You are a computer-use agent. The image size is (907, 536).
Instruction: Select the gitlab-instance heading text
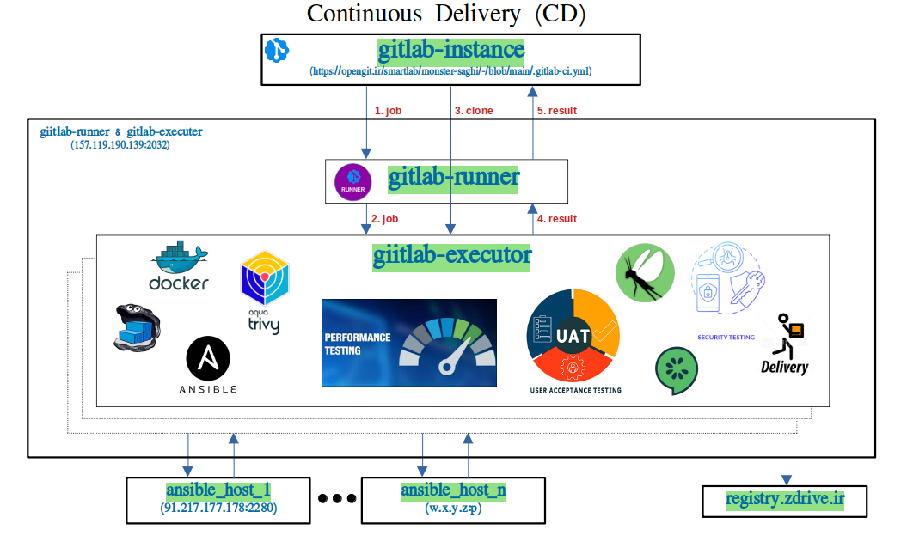(451, 51)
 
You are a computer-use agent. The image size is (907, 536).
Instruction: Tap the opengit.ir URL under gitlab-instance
(450, 72)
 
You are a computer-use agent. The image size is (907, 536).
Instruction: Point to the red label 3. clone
(474, 111)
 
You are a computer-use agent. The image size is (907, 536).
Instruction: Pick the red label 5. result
(557, 111)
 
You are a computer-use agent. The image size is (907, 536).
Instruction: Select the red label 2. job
(384, 219)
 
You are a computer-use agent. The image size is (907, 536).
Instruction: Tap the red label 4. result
(557, 219)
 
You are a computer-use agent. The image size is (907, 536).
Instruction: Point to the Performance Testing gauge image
(409, 343)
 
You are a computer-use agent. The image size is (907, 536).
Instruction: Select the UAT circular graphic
(573, 337)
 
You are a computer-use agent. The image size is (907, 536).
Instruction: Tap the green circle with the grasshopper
(644, 273)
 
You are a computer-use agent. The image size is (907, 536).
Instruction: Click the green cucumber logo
(677, 370)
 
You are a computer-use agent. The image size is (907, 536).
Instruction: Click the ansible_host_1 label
(218, 490)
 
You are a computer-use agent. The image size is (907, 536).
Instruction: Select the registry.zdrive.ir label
(784, 499)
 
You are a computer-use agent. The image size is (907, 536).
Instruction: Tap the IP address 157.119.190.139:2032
(120, 145)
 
